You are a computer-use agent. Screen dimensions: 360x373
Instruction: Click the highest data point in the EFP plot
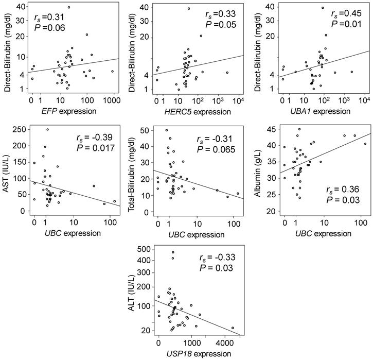(x=68, y=7)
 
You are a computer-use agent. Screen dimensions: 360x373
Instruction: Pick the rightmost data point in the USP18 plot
(x=233, y=328)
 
